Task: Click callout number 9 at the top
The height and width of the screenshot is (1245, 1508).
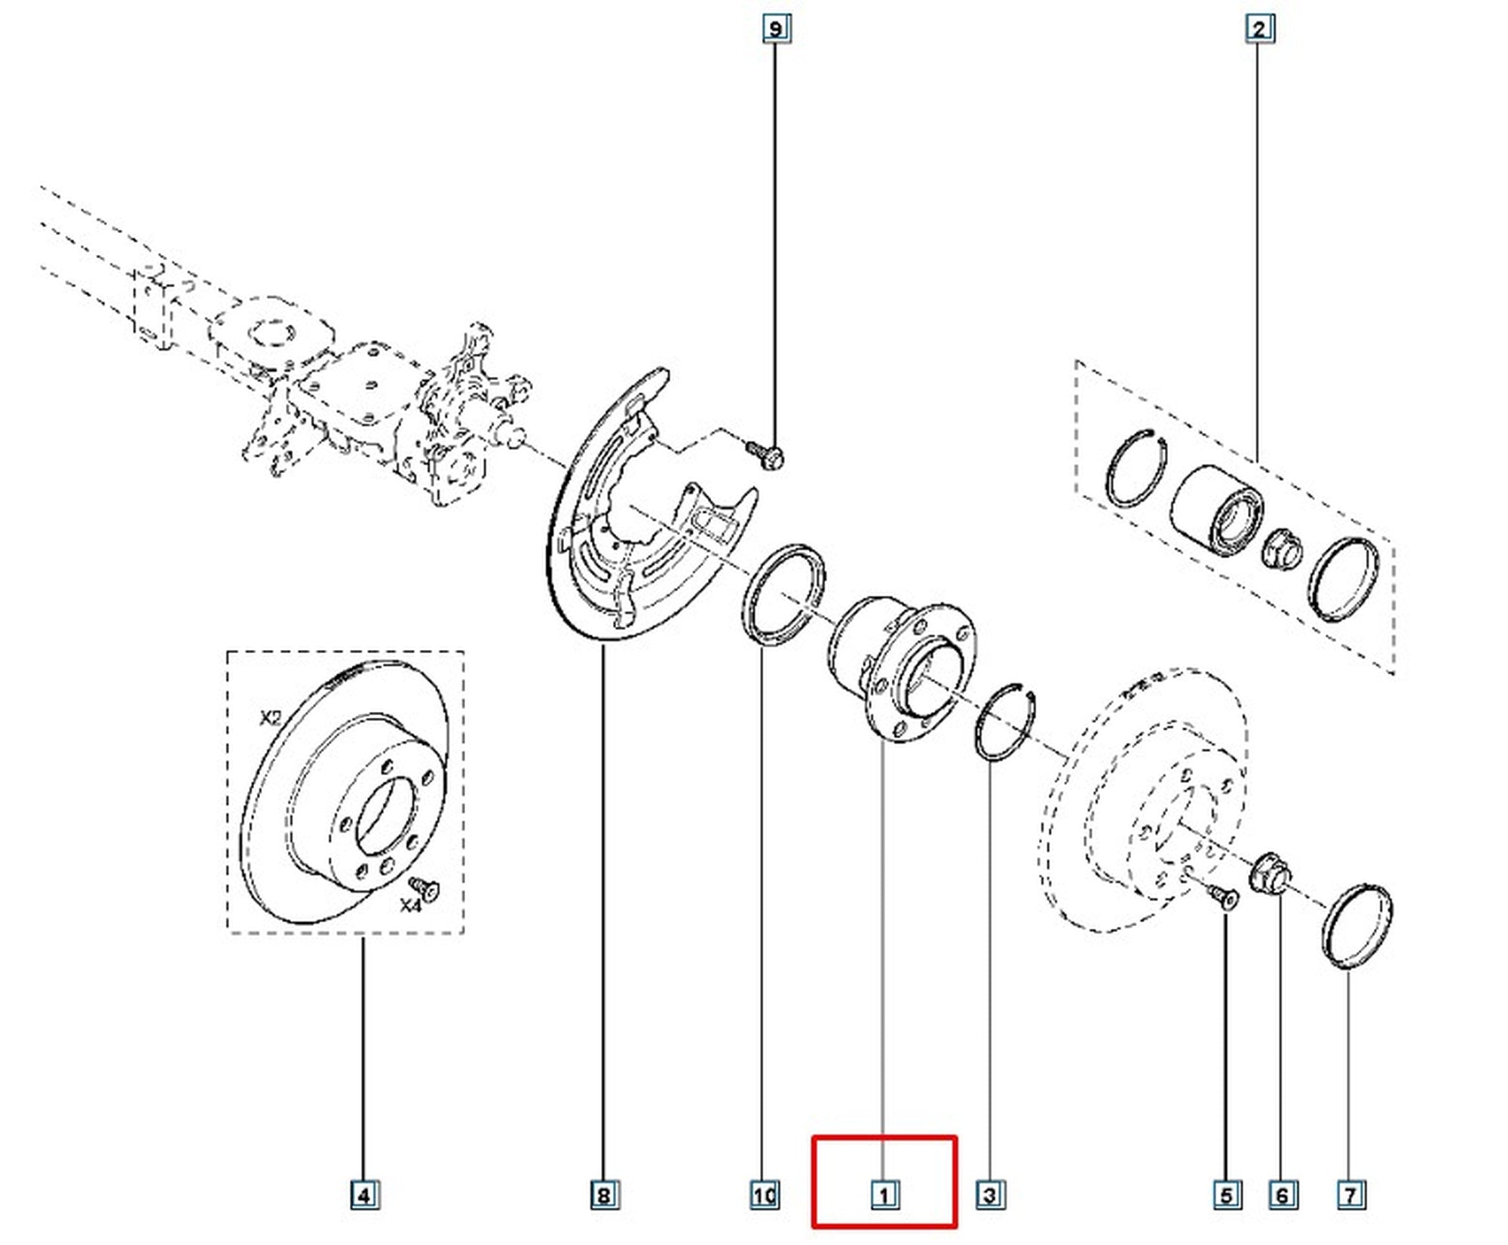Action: point(776,29)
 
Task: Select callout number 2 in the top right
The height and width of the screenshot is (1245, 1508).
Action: point(1258,29)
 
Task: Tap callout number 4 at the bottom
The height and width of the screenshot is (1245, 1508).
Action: point(363,1216)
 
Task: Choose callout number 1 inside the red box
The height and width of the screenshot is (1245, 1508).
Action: point(883,1216)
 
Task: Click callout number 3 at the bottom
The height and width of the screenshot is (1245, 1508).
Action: point(989,1216)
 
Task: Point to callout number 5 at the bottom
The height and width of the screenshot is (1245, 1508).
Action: point(1227,1216)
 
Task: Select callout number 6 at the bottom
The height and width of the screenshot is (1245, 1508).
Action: point(1283,1216)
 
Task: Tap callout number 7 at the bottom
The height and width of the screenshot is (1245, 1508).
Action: point(1350,1216)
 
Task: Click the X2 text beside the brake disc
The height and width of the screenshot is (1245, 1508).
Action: point(270,719)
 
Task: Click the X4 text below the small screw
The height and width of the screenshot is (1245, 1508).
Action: point(410,906)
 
